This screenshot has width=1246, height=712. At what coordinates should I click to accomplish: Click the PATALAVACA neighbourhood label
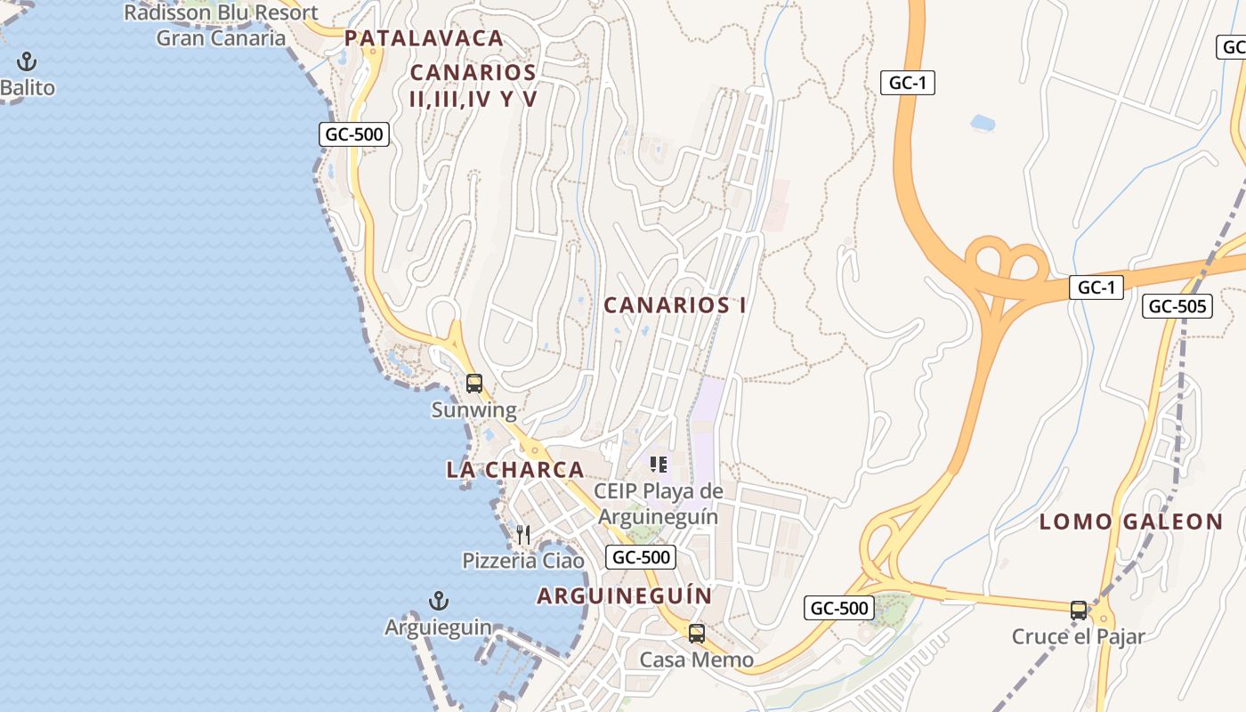[x=424, y=38]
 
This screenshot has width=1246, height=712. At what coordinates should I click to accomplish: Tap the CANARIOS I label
[x=675, y=305]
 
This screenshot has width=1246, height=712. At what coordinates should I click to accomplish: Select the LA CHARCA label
[x=515, y=470]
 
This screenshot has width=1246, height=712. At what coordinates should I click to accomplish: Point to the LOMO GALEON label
[x=1131, y=522]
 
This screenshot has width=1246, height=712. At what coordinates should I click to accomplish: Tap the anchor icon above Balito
[x=27, y=62]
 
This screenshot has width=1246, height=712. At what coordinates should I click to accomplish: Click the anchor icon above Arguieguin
[x=438, y=601]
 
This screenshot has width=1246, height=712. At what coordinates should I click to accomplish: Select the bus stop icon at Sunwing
[x=474, y=384]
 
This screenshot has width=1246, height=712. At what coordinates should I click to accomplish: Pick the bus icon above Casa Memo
[x=697, y=634]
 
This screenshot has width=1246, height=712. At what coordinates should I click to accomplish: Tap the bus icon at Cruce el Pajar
[x=1079, y=611]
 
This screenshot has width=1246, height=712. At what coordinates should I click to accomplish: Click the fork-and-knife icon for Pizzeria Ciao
[x=523, y=534]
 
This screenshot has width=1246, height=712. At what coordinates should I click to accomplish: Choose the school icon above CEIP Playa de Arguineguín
[x=659, y=464]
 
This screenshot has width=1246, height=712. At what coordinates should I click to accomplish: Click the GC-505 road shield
[x=1177, y=306]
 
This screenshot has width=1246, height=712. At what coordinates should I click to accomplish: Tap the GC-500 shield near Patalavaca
[x=354, y=135]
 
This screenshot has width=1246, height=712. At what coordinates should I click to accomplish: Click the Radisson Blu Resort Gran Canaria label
[x=221, y=25]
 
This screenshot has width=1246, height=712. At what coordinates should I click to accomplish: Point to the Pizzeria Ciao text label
[x=523, y=561]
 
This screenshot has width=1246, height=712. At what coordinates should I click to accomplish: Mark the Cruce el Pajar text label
[x=1078, y=637]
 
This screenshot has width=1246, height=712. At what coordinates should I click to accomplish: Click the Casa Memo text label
[x=697, y=660]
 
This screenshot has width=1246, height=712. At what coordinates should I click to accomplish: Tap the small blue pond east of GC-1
[x=983, y=122]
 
